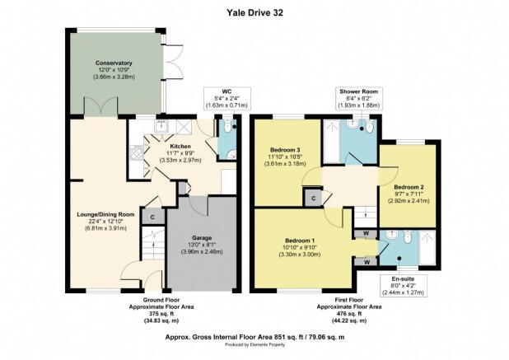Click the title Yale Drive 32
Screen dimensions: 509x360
[x=254, y=12]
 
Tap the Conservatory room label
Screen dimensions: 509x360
[x=114, y=63]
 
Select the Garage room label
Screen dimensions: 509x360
[x=202, y=238]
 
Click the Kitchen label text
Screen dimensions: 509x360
[x=180, y=147]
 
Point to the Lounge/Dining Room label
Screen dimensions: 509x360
[x=105, y=214]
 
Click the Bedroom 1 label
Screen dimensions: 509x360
[x=300, y=241]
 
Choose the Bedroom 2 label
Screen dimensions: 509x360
[x=409, y=187]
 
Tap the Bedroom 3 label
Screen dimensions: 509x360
[x=285, y=150]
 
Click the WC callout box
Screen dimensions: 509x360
[x=226, y=98]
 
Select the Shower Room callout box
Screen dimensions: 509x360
[x=359, y=98]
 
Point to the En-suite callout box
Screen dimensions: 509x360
[x=404, y=286]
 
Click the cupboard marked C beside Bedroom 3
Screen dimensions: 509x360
[x=313, y=198]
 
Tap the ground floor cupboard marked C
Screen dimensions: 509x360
[x=153, y=217]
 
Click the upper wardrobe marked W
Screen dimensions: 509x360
[x=366, y=233]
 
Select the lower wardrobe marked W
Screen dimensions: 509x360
[x=366, y=262]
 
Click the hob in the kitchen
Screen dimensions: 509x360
[x=137, y=153]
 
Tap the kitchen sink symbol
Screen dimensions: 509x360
[x=161, y=126]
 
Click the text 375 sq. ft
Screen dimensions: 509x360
[x=161, y=314]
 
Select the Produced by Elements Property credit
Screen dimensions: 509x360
[x=254, y=344]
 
